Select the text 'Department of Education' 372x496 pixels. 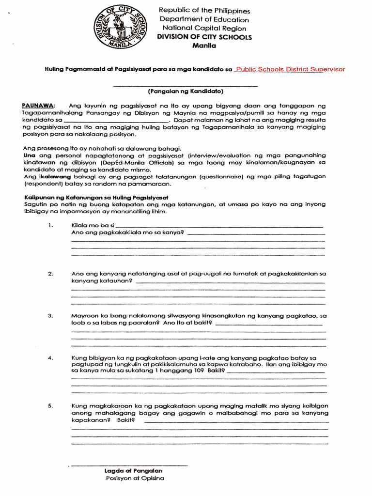pyautogui.click(x=204, y=19)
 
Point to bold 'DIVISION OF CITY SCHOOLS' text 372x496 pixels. pyautogui.click(x=204, y=37)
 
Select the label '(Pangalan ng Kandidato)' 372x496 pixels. pyautogui.click(x=186, y=91)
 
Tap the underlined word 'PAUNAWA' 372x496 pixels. pyautogui.click(x=39, y=106)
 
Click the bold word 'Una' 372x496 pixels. pyautogui.click(x=30, y=155)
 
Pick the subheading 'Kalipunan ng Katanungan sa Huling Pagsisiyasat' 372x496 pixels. pyautogui.click(x=96, y=197)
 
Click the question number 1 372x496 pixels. pyautogui.click(x=50, y=225)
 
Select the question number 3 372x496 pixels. pyautogui.click(x=50, y=316)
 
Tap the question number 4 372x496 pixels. pyautogui.click(x=50, y=358)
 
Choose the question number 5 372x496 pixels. pyautogui.click(x=50, y=406)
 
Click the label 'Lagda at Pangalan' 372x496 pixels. pyautogui.click(x=133, y=470)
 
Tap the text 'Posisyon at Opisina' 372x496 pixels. pyautogui.click(x=134, y=479)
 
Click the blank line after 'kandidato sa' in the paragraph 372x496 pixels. pyautogui.click(x=116, y=121)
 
